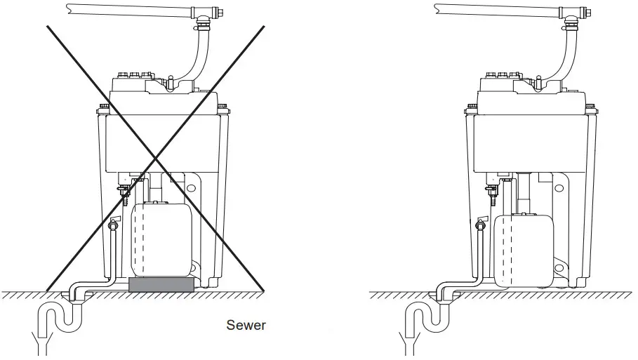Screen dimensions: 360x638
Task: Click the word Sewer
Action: (x=246, y=325)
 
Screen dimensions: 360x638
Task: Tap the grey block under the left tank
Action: (x=162, y=284)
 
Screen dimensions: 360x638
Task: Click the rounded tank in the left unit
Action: (x=162, y=239)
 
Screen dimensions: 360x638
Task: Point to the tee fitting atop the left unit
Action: (x=203, y=12)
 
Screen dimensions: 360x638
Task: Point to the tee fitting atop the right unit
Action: (x=571, y=12)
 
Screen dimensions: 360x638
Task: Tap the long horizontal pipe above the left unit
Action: (x=126, y=9)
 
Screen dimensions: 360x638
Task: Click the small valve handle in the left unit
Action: (x=114, y=222)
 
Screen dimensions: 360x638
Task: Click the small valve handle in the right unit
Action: (x=481, y=222)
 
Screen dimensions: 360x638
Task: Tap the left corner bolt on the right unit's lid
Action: (x=470, y=109)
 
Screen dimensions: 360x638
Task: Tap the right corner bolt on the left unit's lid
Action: (x=223, y=109)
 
